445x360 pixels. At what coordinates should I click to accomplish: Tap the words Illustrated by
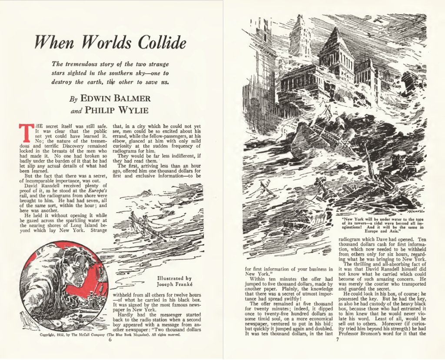[x=174, y=279]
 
